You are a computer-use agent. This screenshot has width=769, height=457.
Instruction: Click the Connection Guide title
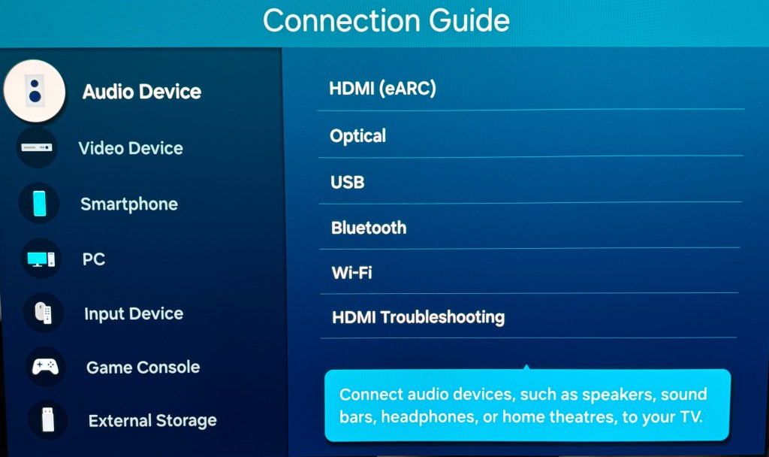pyautogui.click(x=386, y=21)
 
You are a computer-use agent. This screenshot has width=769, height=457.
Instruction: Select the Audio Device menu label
pyautogui.click(x=142, y=92)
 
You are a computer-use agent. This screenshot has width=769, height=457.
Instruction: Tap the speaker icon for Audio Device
pyautogui.click(x=35, y=90)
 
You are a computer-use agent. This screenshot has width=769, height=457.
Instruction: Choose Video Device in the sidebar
pyautogui.click(x=131, y=148)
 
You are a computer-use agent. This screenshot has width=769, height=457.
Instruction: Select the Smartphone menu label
pyautogui.click(x=129, y=204)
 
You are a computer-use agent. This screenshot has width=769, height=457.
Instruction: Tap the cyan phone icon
pyautogui.click(x=39, y=203)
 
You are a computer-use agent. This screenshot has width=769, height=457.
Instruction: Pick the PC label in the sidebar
pyautogui.click(x=94, y=259)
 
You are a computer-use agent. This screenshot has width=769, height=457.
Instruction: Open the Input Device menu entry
pyautogui.click(x=134, y=313)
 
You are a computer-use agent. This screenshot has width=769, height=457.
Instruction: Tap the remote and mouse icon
pyautogui.click(x=43, y=313)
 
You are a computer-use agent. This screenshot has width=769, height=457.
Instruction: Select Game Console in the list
pyautogui.click(x=143, y=368)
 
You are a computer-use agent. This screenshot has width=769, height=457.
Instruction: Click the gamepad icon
pyautogui.click(x=44, y=367)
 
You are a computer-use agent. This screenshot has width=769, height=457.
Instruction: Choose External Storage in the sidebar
pyautogui.click(x=152, y=421)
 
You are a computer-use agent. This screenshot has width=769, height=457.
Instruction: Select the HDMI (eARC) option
pyautogui.click(x=382, y=89)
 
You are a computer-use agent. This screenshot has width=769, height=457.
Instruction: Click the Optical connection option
pyautogui.click(x=358, y=136)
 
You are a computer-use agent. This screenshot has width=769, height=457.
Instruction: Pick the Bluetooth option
pyautogui.click(x=369, y=228)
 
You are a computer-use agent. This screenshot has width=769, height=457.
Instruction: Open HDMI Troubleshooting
pyautogui.click(x=418, y=317)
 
